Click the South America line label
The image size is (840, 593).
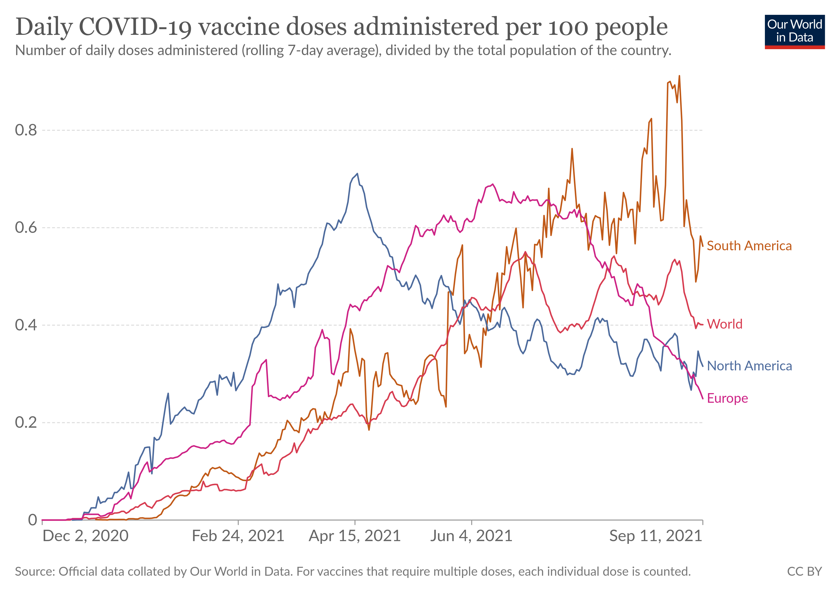(x=749, y=246)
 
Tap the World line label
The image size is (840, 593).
(x=724, y=324)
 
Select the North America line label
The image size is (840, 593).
(x=749, y=366)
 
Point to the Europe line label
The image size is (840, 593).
(x=727, y=398)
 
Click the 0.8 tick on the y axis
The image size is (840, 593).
(x=26, y=130)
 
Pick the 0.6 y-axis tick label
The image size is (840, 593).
(x=26, y=228)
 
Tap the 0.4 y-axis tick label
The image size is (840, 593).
(x=26, y=325)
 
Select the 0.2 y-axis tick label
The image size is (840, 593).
(x=26, y=423)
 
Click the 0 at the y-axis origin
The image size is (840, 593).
(x=33, y=520)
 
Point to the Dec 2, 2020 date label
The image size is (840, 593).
(x=86, y=536)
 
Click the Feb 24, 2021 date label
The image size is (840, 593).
(x=238, y=536)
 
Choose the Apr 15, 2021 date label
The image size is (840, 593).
(x=355, y=536)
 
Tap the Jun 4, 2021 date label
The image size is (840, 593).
(x=471, y=536)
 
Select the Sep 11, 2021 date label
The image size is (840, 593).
(x=656, y=536)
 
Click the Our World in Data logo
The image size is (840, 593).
(x=795, y=31)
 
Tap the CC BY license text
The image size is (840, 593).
(x=804, y=572)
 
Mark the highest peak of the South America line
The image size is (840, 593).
(x=679, y=76)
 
